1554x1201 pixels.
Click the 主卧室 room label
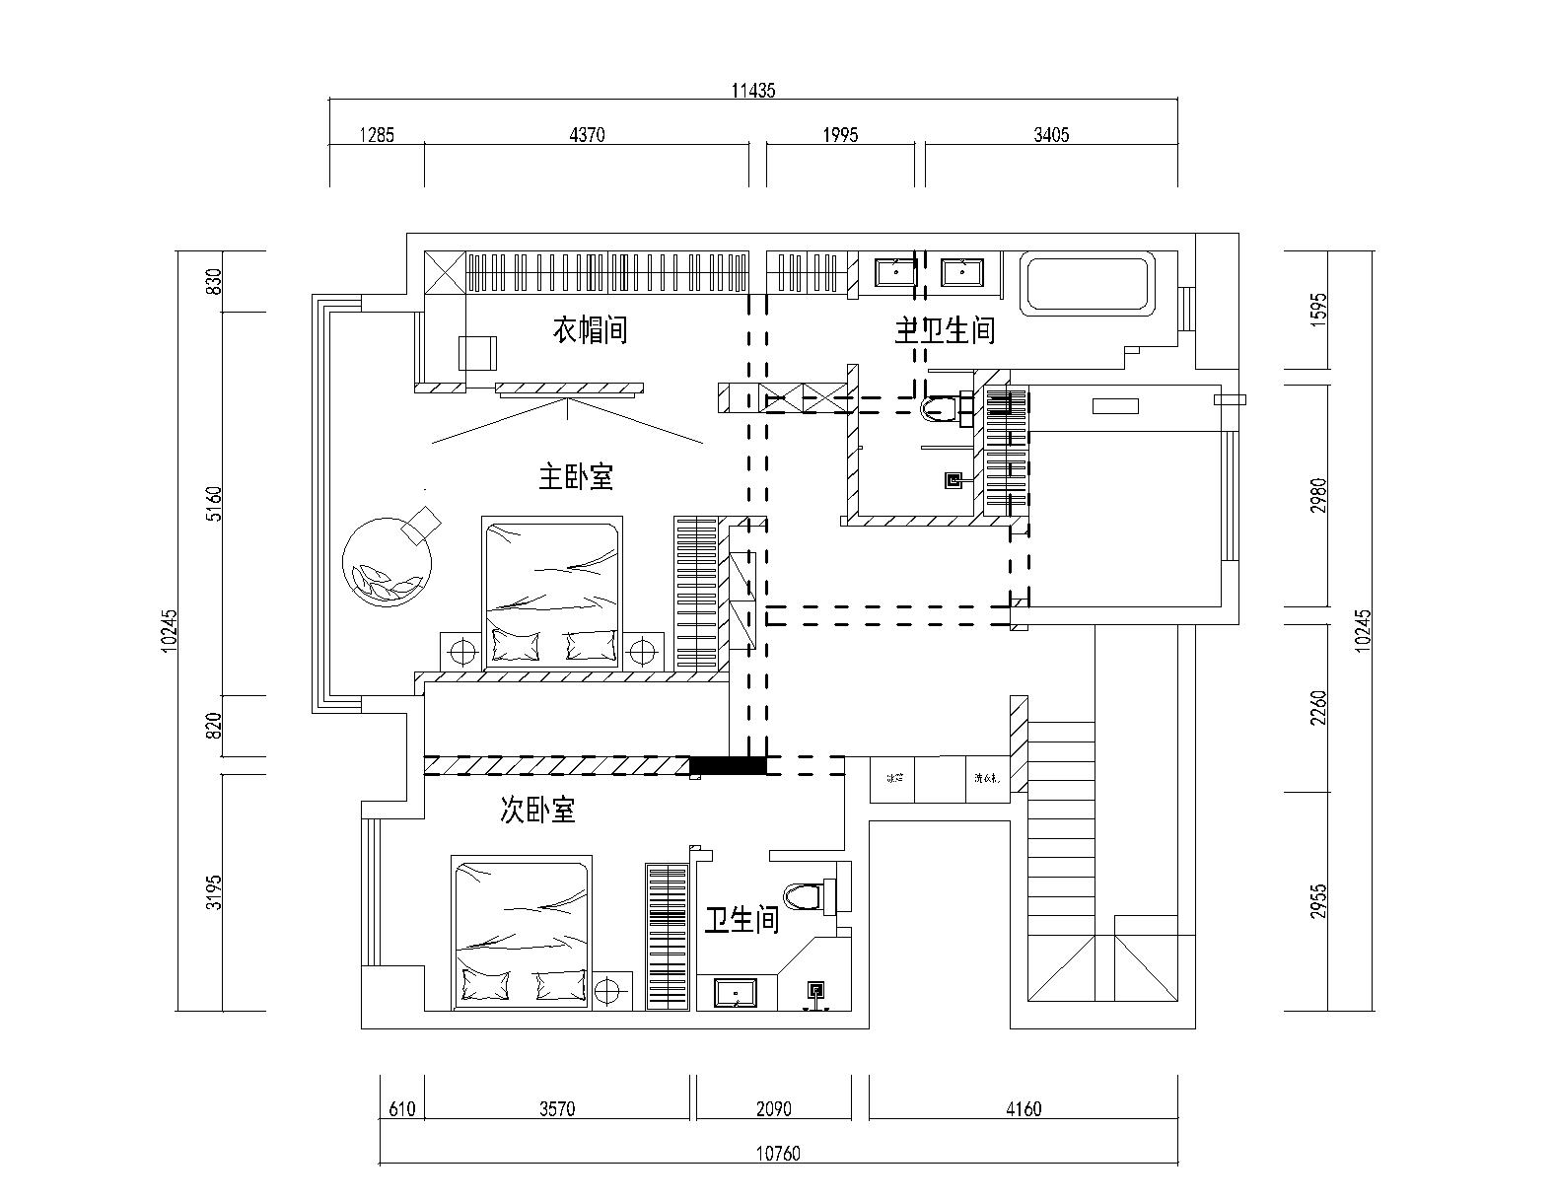click(x=576, y=478)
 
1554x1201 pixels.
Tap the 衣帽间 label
click(x=589, y=329)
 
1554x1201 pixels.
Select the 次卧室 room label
click(x=537, y=811)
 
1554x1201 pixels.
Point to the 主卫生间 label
click(x=945, y=329)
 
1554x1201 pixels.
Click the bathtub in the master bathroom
click(x=1088, y=284)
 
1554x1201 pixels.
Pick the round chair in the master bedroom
click(x=388, y=561)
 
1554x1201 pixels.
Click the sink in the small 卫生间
click(x=734, y=992)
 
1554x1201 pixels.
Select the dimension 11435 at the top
click(x=753, y=91)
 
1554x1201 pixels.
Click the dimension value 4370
click(x=587, y=135)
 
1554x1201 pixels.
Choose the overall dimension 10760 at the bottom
click(x=779, y=1153)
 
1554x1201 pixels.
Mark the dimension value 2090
click(x=773, y=1109)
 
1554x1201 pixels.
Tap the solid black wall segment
click(x=728, y=764)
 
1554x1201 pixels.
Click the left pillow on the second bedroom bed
click(x=485, y=984)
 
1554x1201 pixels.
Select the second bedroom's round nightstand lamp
click(x=612, y=987)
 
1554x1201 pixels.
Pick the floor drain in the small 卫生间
click(x=816, y=990)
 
